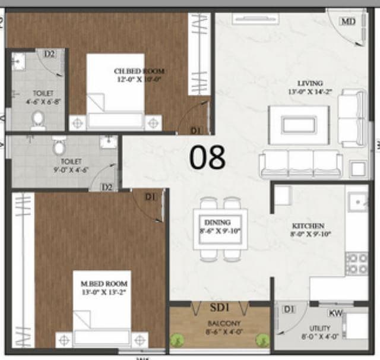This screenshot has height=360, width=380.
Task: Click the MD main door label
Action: pos(347,21)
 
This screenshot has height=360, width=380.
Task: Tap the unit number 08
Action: pos(208,157)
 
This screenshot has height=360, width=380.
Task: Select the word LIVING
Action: pos(311,83)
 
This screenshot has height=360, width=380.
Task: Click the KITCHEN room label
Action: pos(308,226)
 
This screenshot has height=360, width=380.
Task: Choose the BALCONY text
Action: pos(220,324)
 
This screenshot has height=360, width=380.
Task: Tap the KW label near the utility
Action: pos(335,312)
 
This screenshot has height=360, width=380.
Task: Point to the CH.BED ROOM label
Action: pos(139,71)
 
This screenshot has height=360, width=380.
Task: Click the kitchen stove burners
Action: pos(356,263)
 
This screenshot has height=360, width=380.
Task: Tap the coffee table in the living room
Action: pos(298,124)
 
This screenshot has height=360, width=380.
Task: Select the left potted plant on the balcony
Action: pos(176,340)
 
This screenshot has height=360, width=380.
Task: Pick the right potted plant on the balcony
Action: pos(261,340)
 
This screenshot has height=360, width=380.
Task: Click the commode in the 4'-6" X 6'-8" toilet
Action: pos(38,119)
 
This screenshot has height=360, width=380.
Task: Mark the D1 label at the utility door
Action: pos(288,310)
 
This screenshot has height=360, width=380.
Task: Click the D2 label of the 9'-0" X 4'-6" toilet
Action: pos(107,187)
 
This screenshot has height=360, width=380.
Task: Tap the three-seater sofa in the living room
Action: pos(300,163)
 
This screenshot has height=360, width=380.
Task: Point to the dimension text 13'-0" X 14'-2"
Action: pos(311,92)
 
